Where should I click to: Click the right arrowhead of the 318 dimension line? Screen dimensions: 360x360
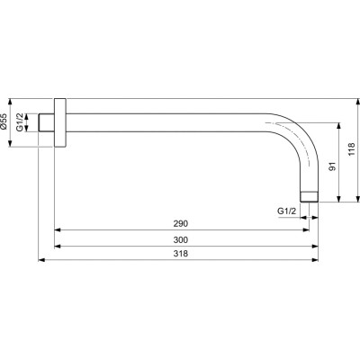coord(316,260)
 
